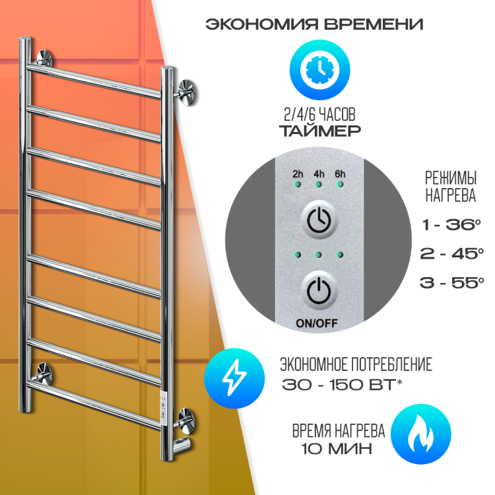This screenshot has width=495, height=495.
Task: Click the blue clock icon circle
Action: [319, 70]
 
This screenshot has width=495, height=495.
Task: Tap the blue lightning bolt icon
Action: [234, 378]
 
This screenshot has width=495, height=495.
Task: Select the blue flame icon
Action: [421, 434]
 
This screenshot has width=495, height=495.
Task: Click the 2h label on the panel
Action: [298, 174]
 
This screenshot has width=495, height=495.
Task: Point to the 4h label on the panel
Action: [319, 174]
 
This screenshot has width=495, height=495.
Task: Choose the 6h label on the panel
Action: [340, 174]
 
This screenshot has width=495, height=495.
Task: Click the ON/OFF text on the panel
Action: [317, 323]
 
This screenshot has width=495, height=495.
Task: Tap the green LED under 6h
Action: [340, 184]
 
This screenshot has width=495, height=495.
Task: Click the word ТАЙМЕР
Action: [320, 131]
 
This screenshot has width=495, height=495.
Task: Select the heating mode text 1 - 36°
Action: [451, 225]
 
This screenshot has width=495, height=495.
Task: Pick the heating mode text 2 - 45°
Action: [451, 253]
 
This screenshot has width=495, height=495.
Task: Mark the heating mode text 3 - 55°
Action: [451, 282]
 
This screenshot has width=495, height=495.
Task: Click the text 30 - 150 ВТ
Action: [339, 385]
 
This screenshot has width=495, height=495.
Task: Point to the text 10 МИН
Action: [337, 449]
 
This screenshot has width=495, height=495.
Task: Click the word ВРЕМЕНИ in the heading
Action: [374, 24]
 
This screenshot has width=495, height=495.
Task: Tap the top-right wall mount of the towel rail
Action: [186, 92]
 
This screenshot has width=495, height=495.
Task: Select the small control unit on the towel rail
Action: [163, 408]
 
